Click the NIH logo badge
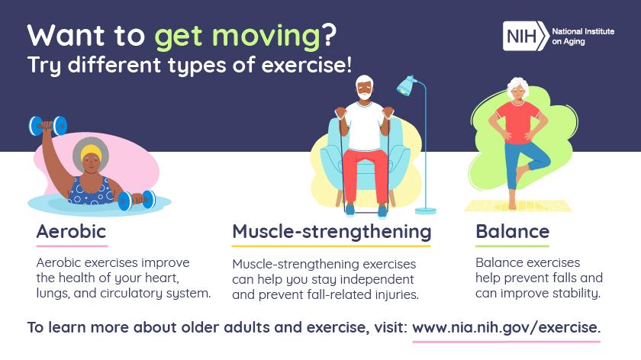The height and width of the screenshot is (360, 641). click(x=525, y=35)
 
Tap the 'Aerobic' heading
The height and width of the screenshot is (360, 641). click(x=71, y=230)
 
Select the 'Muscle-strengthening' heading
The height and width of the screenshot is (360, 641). click(x=331, y=230)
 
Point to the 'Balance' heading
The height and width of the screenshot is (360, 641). click(x=512, y=230)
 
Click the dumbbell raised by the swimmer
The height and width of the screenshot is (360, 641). click(x=47, y=125)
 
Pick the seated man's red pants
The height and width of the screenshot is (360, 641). click(x=366, y=172)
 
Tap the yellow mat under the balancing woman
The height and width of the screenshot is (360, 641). click(x=518, y=206)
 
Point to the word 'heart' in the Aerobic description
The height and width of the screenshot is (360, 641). click(x=161, y=278)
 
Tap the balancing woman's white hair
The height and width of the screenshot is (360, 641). click(x=519, y=82)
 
